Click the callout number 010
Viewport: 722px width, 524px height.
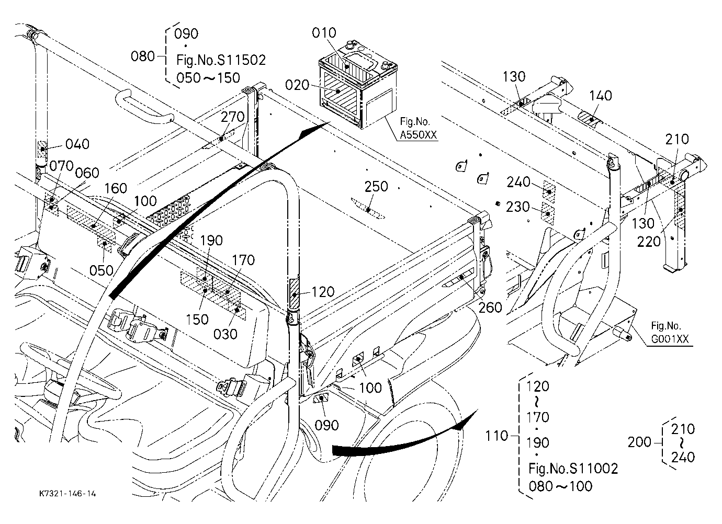[x=324, y=33]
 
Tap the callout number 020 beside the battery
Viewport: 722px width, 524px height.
[x=297, y=85]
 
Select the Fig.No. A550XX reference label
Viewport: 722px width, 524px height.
[x=419, y=128]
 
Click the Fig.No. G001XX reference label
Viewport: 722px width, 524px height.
[x=670, y=332]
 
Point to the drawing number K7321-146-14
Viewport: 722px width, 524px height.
[x=67, y=493]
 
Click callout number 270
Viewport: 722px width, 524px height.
[x=233, y=117]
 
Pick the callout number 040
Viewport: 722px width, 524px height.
[x=77, y=144]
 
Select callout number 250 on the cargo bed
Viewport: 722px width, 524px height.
[x=376, y=187]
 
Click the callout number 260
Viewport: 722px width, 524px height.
[x=490, y=308]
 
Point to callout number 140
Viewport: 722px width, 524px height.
[x=601, y=96]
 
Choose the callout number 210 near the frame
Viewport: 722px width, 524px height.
[x=677, y=139]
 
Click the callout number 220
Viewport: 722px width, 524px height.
[x=649, y=242]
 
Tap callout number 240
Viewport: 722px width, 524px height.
[x=518, y=182]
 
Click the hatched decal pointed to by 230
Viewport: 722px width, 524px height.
[x=548, y=213]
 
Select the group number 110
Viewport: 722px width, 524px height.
[x=497, y=436]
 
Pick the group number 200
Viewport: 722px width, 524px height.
[x=640, y=442]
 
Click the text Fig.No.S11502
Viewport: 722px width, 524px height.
[x=221, y=60]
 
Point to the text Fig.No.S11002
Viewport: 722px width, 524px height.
[x=573, y=469]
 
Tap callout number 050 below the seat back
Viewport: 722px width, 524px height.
[x=101, y=270]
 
